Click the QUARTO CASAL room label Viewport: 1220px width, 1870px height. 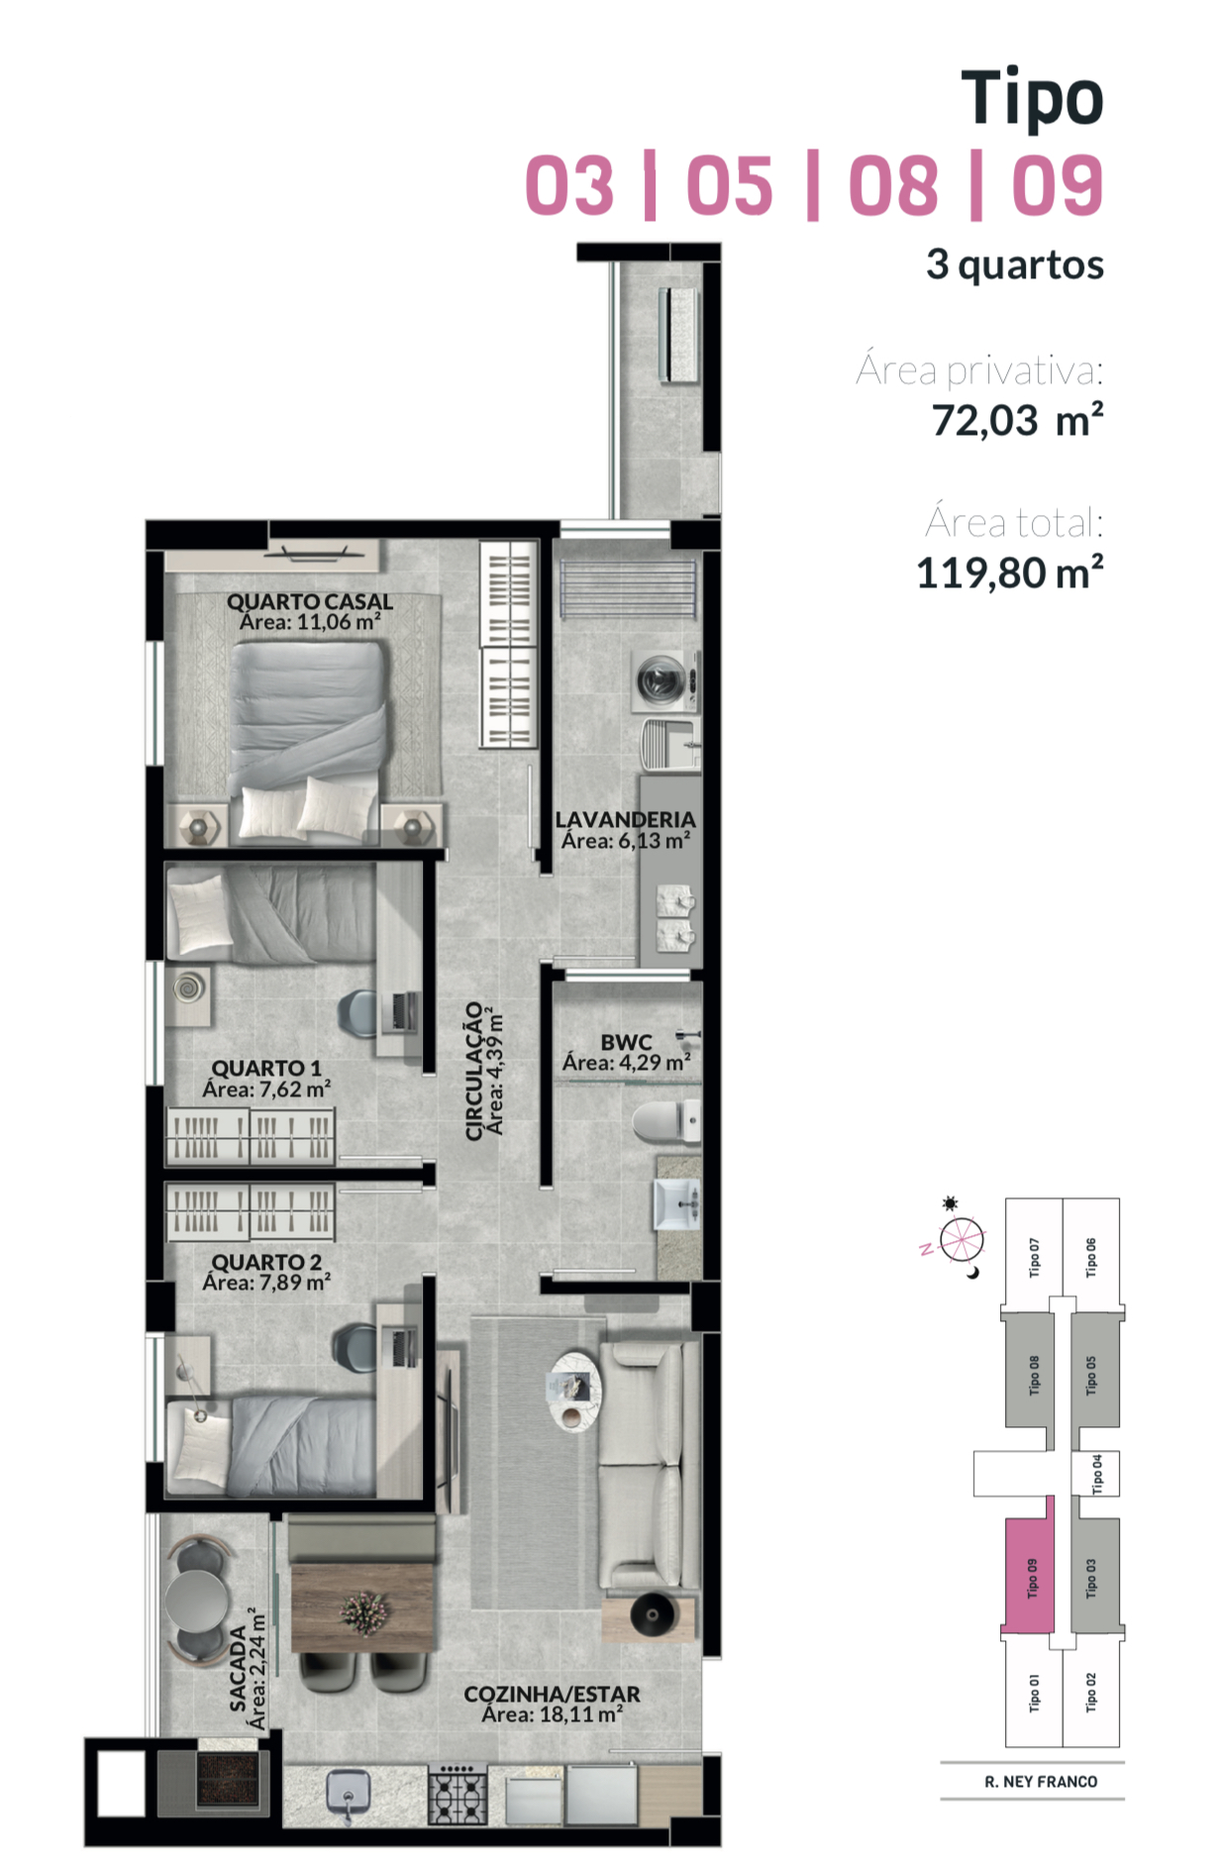pos(310,601)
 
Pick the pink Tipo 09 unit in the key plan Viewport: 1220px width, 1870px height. pos(1030,1576)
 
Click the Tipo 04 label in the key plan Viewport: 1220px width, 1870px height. pos(1096,1474)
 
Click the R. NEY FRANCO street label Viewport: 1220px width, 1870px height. pos(1041,1781)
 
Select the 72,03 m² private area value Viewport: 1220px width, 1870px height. pos(1017,420)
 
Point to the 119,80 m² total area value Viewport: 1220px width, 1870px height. pos(1010,572)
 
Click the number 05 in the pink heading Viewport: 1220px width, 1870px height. pos(730,185)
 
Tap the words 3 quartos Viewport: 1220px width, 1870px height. pos(1015,264)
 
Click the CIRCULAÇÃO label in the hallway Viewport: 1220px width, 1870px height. pos(474,1071)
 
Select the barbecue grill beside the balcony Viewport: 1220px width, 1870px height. pos(232,1780)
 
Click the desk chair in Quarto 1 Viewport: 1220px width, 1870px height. pos(357,1011)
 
